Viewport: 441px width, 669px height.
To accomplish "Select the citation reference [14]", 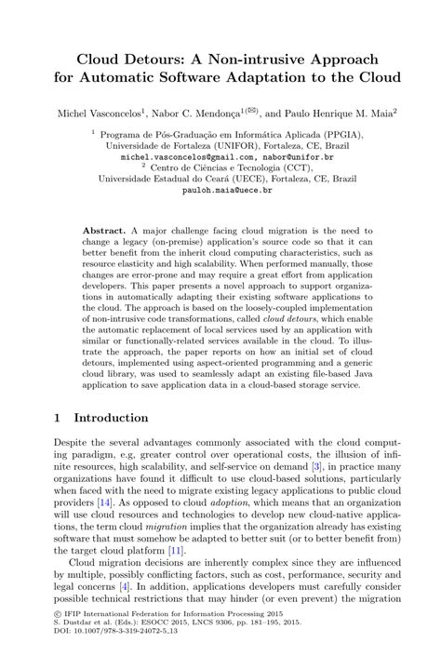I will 106,501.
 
